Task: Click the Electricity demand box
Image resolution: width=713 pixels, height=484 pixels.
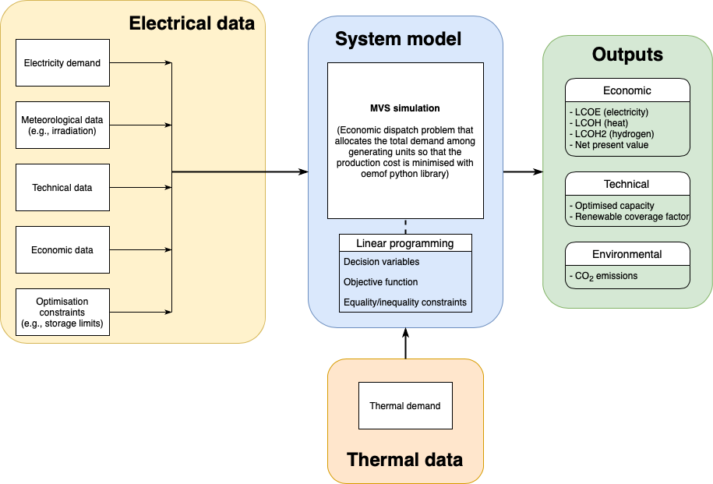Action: click(62, 63)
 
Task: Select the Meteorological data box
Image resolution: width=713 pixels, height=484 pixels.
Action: click(62, 125)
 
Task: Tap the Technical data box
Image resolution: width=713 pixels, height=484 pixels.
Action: click(62, 188)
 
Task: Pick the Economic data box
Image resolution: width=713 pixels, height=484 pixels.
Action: click(62, 250)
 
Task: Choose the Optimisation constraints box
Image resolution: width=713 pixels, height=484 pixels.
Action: click(62, 312)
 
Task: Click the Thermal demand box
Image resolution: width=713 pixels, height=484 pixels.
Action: click(405, 406)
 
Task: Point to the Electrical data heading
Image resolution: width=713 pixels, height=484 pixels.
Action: click(192, 23)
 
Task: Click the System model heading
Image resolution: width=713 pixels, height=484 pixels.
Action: click(398, 39)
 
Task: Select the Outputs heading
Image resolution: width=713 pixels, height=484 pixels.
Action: click(627, 55)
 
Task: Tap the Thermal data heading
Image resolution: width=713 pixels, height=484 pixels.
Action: click(404, 459)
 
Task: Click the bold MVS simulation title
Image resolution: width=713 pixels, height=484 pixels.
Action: click(405, 108)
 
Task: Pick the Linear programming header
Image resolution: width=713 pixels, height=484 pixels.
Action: click(405, 243)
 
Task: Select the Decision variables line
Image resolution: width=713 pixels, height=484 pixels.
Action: click(381, 262)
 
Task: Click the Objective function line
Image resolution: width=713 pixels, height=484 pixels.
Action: click(381, 282)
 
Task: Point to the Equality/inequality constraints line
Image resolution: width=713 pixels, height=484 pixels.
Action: click(405, 302)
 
